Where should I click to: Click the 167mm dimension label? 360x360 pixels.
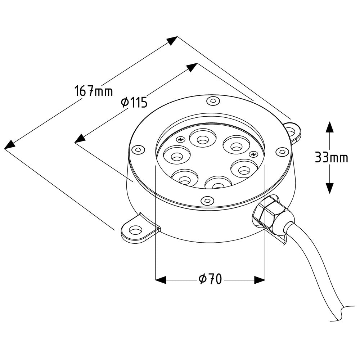click(94, 91)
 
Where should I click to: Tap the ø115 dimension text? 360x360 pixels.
click(134, 102)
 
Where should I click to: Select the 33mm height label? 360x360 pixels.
click(331, 157)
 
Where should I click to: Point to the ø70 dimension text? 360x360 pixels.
click(210, 279)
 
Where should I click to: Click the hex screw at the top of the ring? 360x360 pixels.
click(213, 101)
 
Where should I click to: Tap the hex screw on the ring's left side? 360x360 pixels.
click(139, 150)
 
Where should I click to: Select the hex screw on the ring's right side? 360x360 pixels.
click(282, 152)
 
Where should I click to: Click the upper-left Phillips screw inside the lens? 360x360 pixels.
click(181, 139)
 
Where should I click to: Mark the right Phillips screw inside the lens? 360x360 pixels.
click(253, 154)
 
